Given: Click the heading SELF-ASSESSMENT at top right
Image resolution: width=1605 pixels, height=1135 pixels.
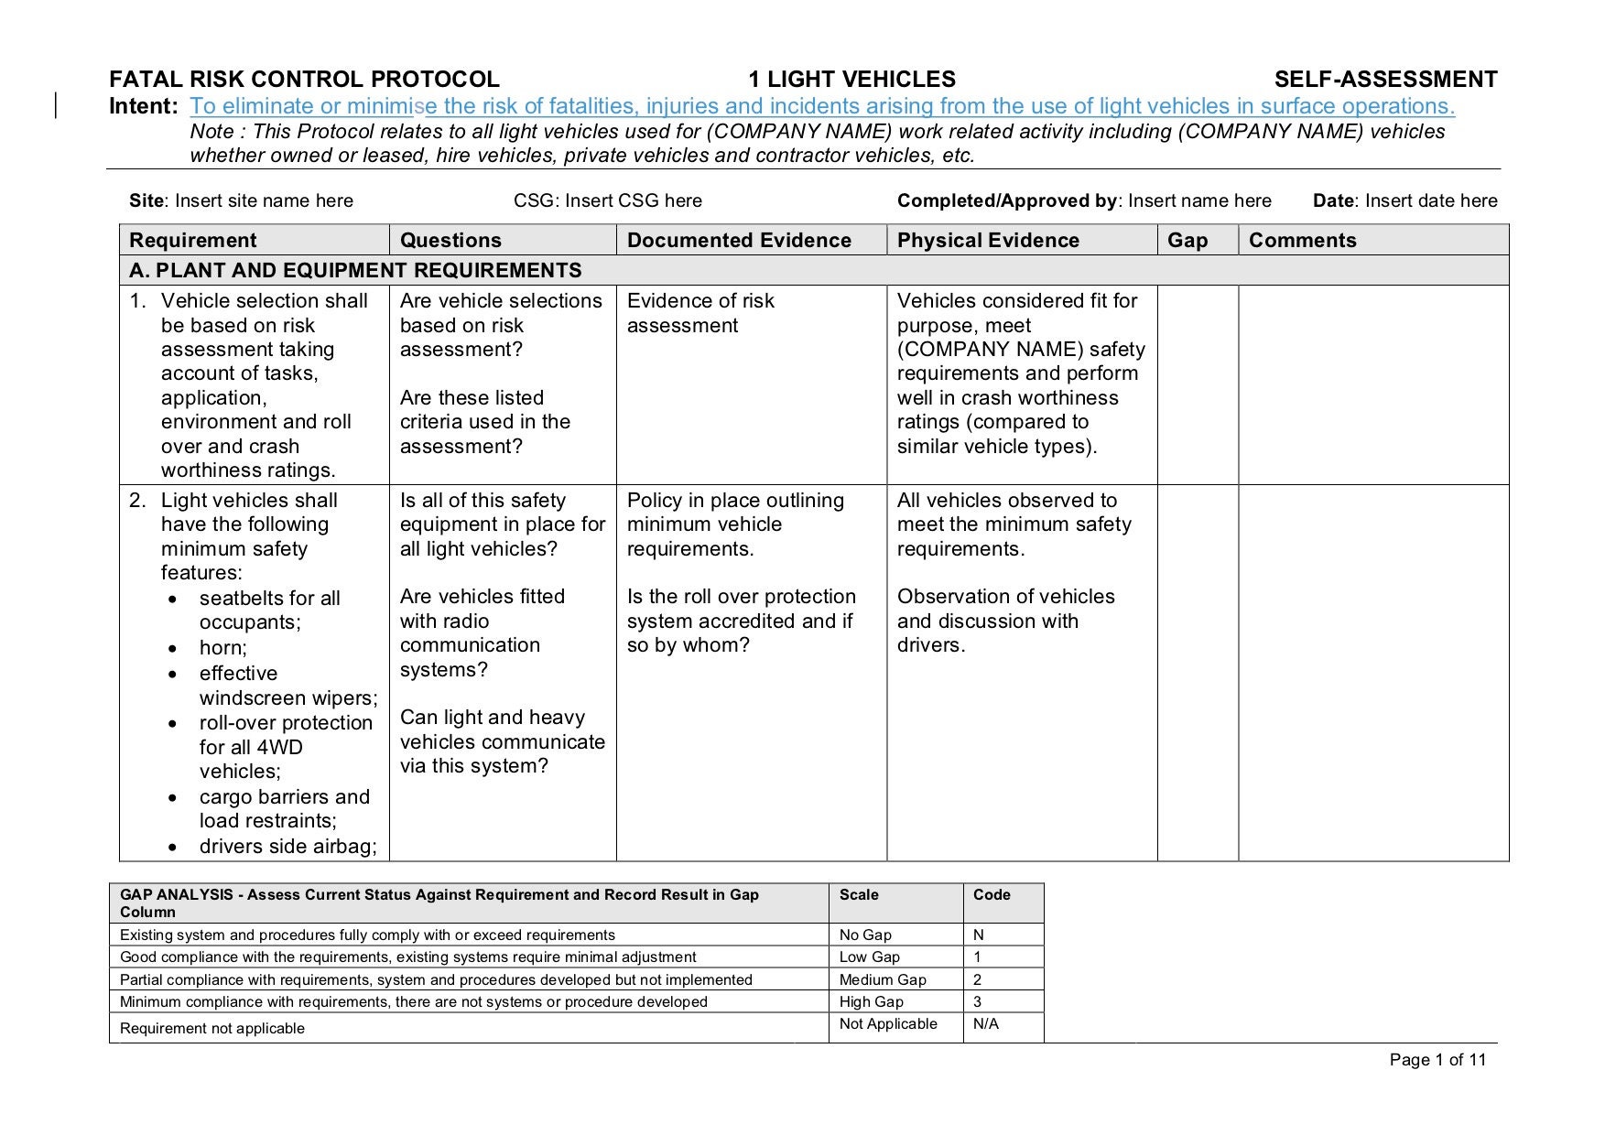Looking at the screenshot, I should click(x=1385, y=80).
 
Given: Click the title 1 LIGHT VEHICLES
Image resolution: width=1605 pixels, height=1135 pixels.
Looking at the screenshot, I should click(x=851, y=80).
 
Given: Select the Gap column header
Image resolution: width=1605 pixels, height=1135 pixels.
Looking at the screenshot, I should click(x=1187, y=241).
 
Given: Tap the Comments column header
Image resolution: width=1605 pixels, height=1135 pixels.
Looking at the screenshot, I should click(x=1302, y=241).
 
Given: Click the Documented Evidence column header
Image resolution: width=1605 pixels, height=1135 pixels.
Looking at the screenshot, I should click(x=739, y=241).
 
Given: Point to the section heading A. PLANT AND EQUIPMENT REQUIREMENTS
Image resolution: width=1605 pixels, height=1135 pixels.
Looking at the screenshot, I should click(x=355, y=271).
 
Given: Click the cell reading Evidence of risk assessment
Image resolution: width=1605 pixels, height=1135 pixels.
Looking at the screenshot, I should click(x=700, y=313).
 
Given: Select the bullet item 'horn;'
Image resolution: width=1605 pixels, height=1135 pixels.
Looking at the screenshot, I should click(x=223, y=648).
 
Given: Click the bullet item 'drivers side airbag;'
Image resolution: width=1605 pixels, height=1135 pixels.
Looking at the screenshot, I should click(x=287, y=847).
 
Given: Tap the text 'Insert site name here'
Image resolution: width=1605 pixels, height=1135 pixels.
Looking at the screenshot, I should click(x=264, y=201).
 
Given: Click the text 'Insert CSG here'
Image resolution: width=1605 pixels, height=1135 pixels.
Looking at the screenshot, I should click(x=633, y=201).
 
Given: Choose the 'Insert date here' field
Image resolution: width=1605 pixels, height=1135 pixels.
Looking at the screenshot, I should click(x=1431, y=201).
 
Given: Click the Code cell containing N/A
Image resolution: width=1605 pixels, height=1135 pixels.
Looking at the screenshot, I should click(x=986, y=1024).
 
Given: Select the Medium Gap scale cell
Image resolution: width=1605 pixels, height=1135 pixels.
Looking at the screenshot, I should click(x=883, y=980).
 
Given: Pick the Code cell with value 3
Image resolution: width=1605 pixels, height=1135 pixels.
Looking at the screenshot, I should click(x=978, y=1002).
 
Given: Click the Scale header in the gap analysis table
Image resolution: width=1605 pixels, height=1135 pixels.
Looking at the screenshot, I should click(x=859, y=895).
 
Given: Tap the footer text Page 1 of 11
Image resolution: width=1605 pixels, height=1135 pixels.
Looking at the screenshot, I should click(x=1437, y=1060).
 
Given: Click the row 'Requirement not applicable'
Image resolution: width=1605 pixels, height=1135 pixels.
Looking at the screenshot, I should click(x=212, y=1029).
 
